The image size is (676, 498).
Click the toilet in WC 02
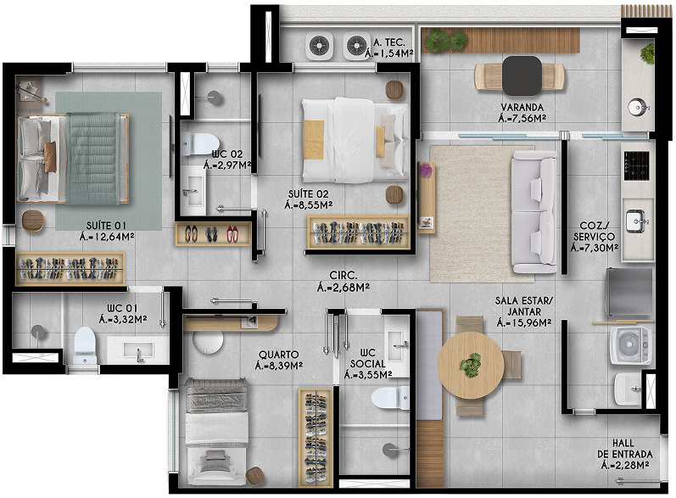click(199, 143)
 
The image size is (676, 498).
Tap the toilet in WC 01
click(85, 345)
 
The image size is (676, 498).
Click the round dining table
click(471, 365)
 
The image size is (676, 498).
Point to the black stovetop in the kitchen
click(636, 166)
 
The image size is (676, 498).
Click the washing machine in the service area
click(630, 345)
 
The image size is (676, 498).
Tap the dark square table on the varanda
click(522, 76)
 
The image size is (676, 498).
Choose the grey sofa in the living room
click(534, 212)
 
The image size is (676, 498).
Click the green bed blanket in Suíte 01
click(93, 159)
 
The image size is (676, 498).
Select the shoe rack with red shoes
click(213, 234)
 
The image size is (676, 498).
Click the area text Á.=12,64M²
click(107, 237)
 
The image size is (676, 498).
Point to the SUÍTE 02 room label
click(308, 194)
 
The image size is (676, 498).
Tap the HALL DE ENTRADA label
click(625, 449)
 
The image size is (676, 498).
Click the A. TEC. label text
click(388, 42)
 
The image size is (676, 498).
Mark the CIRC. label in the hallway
click(344, 275)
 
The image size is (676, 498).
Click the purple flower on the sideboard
click(426, 171)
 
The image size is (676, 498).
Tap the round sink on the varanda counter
click(637, 107)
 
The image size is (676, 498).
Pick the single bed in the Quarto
click(217, 432)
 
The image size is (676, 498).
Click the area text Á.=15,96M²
click(524, 322)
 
